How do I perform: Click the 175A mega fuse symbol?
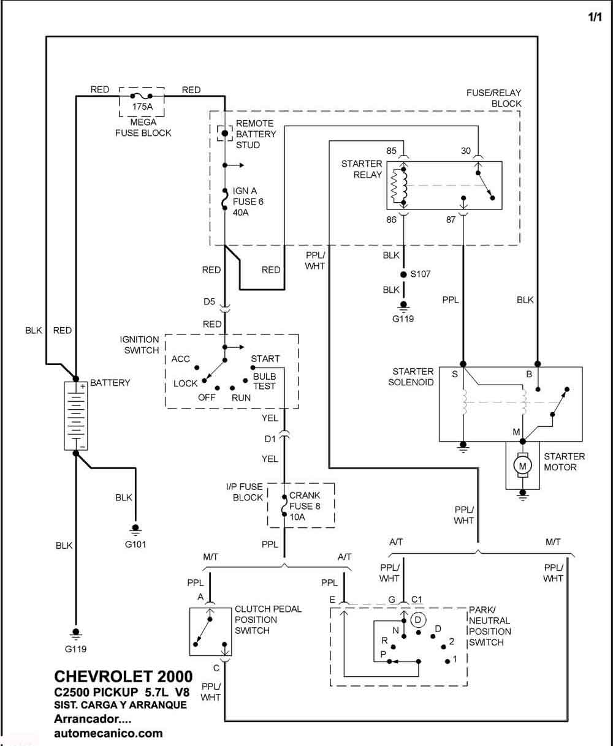(x=142, y=96)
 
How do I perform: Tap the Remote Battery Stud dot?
(x=224, y=134)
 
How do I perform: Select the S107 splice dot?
(x=403, y=274)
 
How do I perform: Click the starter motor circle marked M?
(x=522, y=466)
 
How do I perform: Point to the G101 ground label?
(x=135, y=544)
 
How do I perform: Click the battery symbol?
(x=76, y=416)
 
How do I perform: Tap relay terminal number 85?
(x=391, y=151)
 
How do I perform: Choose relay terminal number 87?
(x=451, y=220)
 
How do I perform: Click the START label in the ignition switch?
(x=265, y=359)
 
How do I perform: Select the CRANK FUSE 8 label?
(x=305, y=500)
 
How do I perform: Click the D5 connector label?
(x=209, y=301)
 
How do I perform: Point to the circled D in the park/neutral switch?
(x=418, y=619)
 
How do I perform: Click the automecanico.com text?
(x=109, y=733)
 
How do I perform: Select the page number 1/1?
(x=595, y=17)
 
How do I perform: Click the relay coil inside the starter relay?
(x=399, y=186)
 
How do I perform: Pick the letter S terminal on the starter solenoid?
(x=455, y=374)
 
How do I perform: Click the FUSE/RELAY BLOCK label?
(x=493, y=98)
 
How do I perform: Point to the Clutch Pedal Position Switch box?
(x=210, y=631)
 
